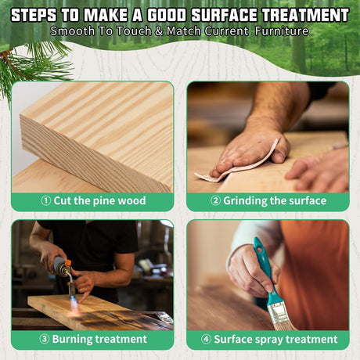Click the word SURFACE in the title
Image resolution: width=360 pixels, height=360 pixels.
point(225,15)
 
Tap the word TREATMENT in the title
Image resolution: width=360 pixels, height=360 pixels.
point(305,15)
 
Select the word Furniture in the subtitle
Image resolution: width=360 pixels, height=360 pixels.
point(282,31)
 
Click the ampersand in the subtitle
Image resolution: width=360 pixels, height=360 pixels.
point(159,31)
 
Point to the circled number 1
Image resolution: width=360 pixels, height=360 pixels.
point(45,200)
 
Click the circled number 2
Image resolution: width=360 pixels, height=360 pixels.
point(215,200)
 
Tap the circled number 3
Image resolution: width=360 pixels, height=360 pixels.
point(45,339)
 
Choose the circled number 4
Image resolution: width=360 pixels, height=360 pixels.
point(206,339)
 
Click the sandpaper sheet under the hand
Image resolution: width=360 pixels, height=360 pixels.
point(235,167)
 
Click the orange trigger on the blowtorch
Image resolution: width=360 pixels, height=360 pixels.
point(68,263)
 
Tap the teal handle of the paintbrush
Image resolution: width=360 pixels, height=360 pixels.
point(264,268)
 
